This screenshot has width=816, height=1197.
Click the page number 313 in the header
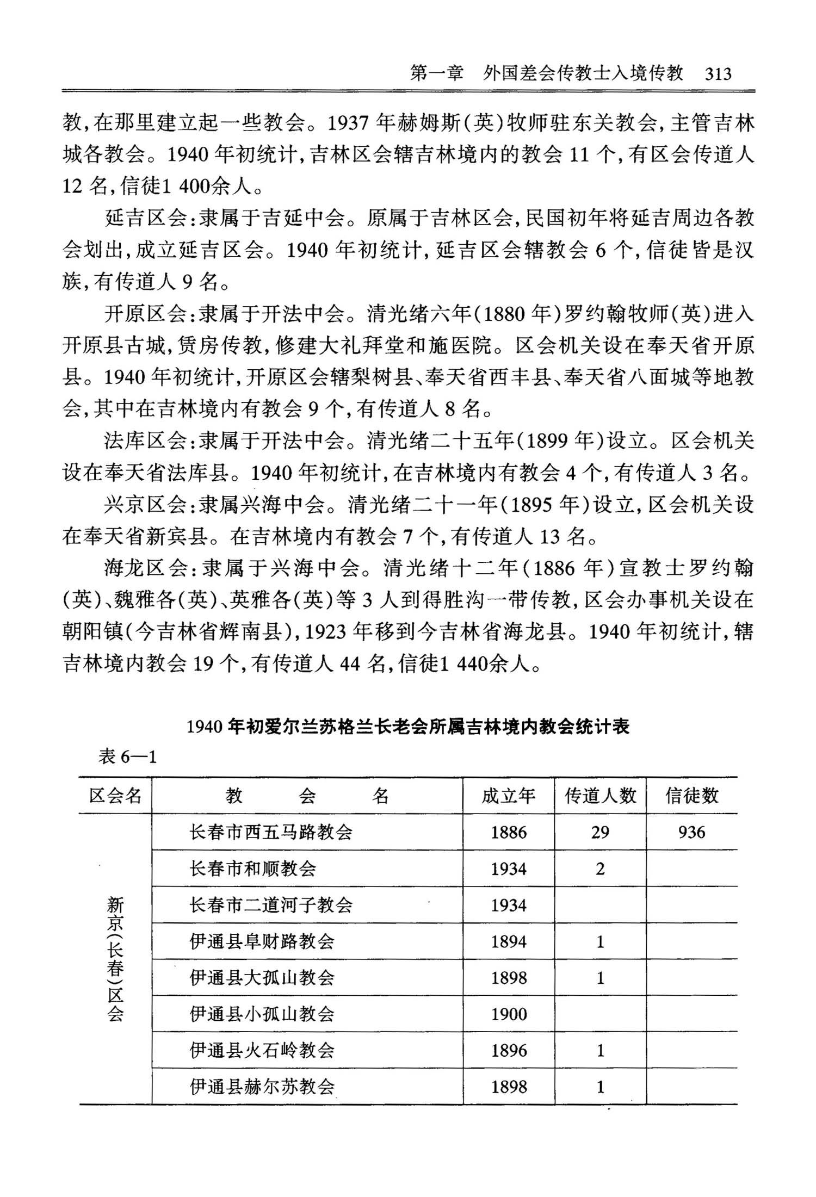(x=718, y=73)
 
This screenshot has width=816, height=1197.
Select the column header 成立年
(x=508, y=796)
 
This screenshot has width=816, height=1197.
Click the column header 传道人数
(x=600, y=796)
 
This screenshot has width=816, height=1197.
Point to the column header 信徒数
(x=691, y=796)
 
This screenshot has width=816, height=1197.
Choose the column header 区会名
(x=115, y=796)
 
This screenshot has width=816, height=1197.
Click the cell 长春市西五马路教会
(x=271, y=832)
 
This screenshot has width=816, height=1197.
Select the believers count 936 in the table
(x=691, y=832)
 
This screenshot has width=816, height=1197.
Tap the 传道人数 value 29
(x=600, y=832)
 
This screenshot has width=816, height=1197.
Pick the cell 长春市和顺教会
(x=253, y=869)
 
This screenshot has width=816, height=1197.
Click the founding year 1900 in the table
(x=509, y=1014)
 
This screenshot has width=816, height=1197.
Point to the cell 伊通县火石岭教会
(x=262, y=1050)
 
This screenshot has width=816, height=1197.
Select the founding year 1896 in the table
(x=509, y=1050)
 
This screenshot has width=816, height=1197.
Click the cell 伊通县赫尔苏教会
(x=262, y=1087)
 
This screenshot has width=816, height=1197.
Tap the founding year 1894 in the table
(x=509, y=941)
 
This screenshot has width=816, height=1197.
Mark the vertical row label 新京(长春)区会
(x=115, y=959)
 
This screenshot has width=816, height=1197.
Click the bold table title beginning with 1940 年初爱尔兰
(x=408, y=727)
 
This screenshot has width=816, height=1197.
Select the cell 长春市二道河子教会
(x=271, y=905)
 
